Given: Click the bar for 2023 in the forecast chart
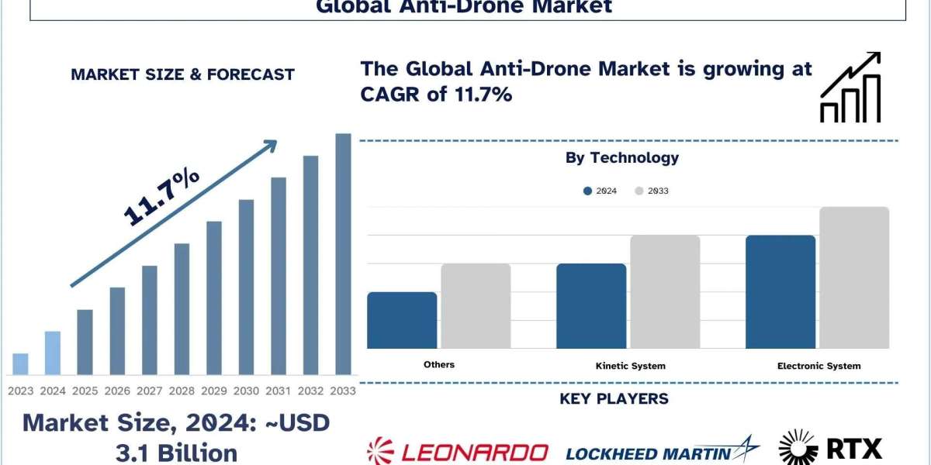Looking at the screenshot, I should (x=20, y=364).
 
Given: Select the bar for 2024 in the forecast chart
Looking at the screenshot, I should (x=52, y=353).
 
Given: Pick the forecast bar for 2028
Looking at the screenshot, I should (x=182, y=309).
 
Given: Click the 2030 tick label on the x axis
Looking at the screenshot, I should (x=245, y=391).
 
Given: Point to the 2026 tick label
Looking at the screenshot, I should (x=117, y=391).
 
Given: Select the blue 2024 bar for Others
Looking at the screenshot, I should (x=402, y=320).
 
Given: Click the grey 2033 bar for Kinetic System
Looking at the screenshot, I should (x=665, y=292).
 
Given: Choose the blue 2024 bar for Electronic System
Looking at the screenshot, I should (x=780, y=292).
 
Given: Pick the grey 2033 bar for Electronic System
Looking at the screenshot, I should (x=853, y=277).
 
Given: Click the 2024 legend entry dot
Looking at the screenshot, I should (x=588, y=191).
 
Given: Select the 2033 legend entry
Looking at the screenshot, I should (x=652, y=191).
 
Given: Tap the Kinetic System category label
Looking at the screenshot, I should (x=630, y=366).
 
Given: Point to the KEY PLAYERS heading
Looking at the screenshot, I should (x=614, y=399).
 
